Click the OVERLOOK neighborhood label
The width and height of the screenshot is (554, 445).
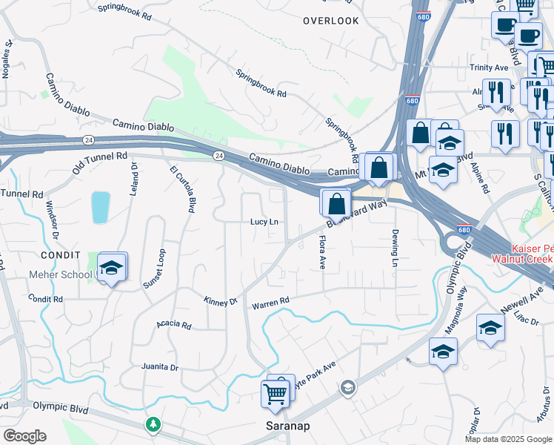coord(330,21)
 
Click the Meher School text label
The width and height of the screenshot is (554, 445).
coord(61,275)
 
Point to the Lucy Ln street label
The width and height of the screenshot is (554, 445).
coord(264,222)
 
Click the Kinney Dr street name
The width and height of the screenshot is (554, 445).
coord(220,301)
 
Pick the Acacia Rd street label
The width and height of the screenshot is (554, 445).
coord(174,325)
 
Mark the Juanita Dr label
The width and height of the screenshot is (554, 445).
coord(160,367)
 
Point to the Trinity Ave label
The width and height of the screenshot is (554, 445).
coord(489,67)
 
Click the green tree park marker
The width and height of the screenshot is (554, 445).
coord(153,424)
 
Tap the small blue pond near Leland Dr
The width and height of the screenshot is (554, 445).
coord(100,208)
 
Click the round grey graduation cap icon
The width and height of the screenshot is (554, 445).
coord(347,387)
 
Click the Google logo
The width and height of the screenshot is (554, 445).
coord(24,436)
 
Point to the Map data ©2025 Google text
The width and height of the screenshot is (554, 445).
coord(508,439)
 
